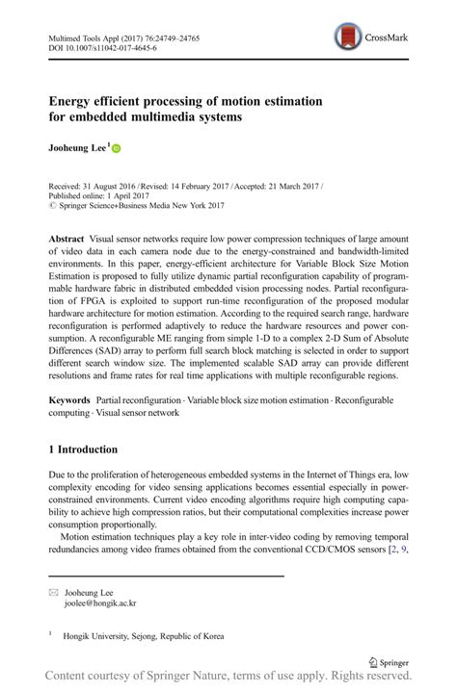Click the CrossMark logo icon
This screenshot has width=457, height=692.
coord(348,38)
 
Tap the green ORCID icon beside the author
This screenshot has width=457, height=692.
coord(117,149)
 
